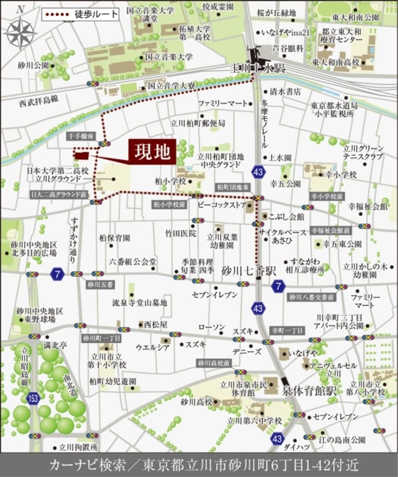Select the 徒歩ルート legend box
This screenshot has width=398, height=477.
[80, 14]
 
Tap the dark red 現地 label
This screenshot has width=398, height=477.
[152, 152]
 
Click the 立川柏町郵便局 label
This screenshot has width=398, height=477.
[197, 123]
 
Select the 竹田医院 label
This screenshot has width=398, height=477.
[180, 233]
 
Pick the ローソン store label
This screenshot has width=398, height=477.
[211, 327]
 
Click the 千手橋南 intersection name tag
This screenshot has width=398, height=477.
[81, 136]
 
